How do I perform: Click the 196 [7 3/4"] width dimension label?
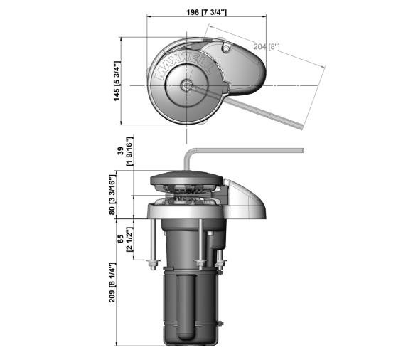click(206, 12)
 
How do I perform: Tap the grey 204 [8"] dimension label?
click(267, 47)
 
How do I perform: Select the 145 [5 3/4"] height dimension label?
click(117, 81)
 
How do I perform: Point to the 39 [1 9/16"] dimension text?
click(125, 151)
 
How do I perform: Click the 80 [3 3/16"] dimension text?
click(112, 194)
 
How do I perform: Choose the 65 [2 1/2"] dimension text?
click(125, 239)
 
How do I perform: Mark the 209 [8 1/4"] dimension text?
click(112, 282)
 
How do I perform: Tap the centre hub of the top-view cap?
click(186, 85)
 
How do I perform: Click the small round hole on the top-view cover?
click(226, 48)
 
